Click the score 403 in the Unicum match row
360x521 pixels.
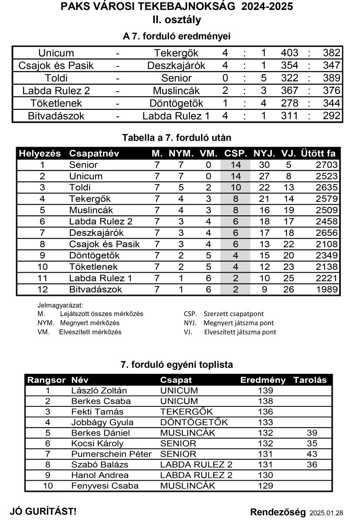click(289, 53)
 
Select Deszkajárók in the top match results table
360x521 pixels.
click(176, 66)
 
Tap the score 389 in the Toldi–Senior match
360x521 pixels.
click(331, 79)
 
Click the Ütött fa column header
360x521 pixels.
click(318, 154)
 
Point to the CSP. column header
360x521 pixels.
click(236, 154)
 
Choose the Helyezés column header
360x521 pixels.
click(40, 154)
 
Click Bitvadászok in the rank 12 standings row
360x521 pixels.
click(96, 289)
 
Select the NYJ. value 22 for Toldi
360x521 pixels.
click(264, 188)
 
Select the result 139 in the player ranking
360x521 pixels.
click(265, 390)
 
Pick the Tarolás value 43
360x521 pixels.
click(311, 454)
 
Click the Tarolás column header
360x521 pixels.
click(310, 380)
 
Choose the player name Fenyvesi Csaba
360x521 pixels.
click(105, 486)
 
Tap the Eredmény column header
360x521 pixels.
click(263, 380)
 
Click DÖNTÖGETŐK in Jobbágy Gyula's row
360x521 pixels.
click(194, 422)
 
